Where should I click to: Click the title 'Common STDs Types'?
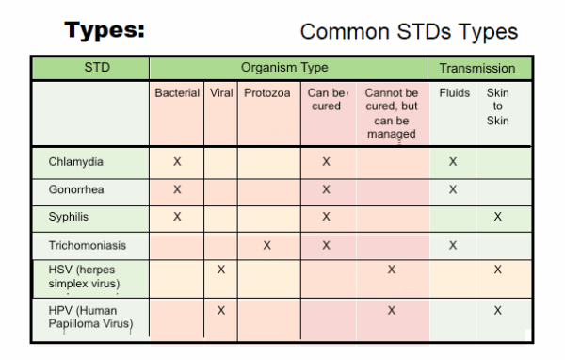point(409,31)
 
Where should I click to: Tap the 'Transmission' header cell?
point(477,68)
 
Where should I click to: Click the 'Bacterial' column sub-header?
point(177,93)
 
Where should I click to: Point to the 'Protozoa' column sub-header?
point(267,93)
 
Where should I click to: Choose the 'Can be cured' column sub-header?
point(326,100)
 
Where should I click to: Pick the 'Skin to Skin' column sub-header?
point(497,106)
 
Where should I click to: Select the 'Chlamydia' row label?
point(76,161)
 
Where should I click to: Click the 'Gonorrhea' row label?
point(77,188)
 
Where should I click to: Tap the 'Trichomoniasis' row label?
point(88,245)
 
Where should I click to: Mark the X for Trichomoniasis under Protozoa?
point(267,245)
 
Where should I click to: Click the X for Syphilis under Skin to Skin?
point(497,217)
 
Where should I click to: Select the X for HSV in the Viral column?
point(220,270)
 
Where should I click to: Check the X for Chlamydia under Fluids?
point(453,161)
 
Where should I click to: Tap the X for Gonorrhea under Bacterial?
point(177,188)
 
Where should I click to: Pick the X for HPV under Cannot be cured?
point(391,310)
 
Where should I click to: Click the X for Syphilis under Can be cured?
point(326,217)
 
